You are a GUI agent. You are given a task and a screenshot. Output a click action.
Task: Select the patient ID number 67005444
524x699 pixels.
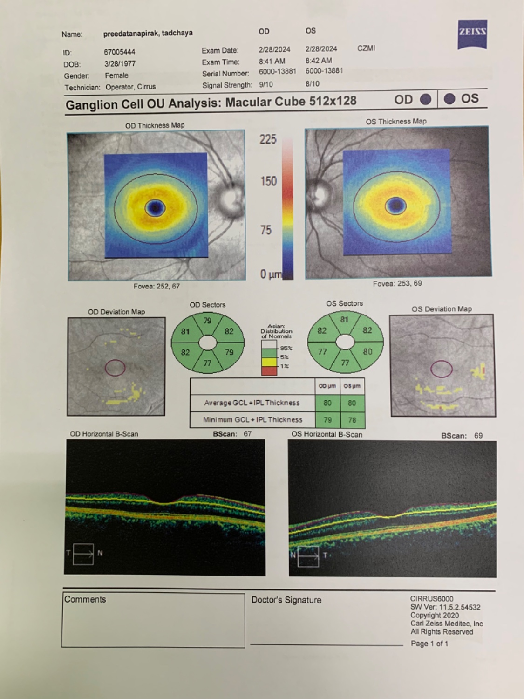tap(119, 52)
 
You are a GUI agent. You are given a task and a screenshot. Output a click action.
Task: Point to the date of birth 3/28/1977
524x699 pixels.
tap(120, 63)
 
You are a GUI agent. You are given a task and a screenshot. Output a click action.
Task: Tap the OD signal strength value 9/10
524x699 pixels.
tap(266, 84)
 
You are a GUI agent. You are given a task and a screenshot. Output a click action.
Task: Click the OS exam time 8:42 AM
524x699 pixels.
tap(319, 61)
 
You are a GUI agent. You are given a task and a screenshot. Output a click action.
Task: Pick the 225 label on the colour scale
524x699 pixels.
tap(268, 139)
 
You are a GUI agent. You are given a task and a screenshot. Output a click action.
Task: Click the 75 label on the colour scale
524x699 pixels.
tap(266, 230)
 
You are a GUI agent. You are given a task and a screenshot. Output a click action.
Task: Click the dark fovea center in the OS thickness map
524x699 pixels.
tap(396, 205)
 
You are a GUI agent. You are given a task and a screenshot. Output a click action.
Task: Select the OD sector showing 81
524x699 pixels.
tap(185, 332)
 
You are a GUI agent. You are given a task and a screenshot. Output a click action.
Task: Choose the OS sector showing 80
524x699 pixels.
tap(367, 352)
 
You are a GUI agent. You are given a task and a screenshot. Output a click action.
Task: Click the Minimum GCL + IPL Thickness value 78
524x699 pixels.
tap(352, 420)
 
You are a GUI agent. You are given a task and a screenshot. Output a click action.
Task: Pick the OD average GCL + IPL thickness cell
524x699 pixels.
tap(327, 403)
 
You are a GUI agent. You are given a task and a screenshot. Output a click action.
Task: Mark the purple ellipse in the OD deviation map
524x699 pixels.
tap(115, 368)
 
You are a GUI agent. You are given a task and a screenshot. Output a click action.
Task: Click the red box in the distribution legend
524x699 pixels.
tap(269, 371)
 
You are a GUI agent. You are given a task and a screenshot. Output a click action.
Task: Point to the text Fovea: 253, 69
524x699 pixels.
tap(397, 283)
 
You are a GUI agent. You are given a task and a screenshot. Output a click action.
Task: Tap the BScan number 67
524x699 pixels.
tap(247, 434)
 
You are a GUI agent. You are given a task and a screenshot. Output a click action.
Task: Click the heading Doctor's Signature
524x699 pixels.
tap(286, 600)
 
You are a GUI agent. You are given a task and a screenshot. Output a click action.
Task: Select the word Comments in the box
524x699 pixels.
tap(85, 599)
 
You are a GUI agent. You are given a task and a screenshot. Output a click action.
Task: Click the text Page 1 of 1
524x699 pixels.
tap(429, 644)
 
